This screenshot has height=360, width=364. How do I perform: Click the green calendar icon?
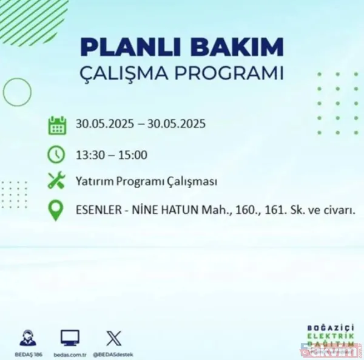tap(57, 126)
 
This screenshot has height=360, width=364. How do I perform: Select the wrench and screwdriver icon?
tap(57, 181)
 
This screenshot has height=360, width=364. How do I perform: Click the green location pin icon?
tap(57, 211)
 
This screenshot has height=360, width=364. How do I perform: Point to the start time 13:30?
tap(89, 155)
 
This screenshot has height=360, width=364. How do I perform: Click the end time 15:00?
tap(133, 155)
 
